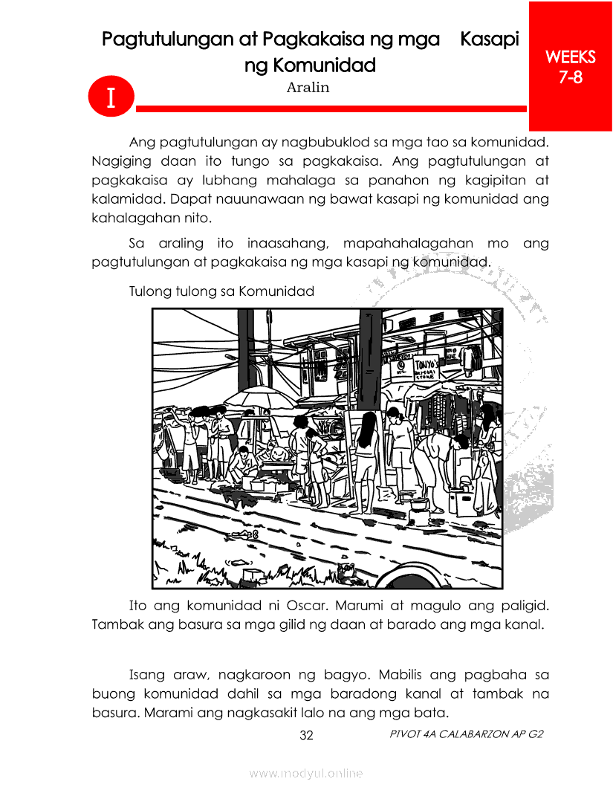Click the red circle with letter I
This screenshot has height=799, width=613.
(110, 97)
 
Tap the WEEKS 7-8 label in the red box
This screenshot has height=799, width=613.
(570, 66)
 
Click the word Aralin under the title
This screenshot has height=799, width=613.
(308, 88)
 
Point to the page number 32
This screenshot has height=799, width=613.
(306, 736)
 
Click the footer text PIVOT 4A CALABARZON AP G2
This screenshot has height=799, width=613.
(466, 734)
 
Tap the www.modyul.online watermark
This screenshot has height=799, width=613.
(306, 773)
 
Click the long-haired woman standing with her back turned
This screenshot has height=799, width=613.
(366, 457)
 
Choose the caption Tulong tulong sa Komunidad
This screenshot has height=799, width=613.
(221, 291)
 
